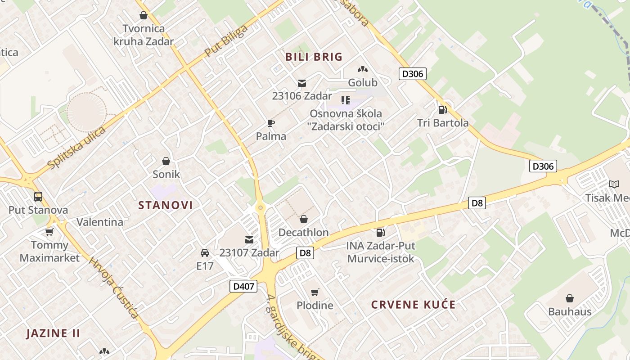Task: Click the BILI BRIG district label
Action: (314, 57)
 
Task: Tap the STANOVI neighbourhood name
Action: (165, 205)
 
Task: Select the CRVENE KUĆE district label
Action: (413, 305)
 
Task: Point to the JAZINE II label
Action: (53, 333)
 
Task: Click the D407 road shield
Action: (243, 286)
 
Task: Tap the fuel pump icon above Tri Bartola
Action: (442, 110)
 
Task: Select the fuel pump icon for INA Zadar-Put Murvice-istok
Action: (380, 233)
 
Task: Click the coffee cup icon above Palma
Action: (270, 123)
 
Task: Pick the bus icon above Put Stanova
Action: (38, 197)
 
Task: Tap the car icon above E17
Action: (205, 253)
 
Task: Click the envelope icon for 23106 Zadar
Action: (301, 83)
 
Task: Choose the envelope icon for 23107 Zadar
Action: (249, 240)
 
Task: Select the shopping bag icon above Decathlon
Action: (304, 220)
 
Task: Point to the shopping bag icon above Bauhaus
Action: (569, 298)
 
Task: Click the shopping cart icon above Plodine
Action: (315, 292)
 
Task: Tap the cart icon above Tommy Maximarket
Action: (49, 232)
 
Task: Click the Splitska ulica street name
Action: (76, 148)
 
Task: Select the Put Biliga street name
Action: (226, 41)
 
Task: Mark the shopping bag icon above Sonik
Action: (166, 161)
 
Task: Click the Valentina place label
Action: (99, 222)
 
